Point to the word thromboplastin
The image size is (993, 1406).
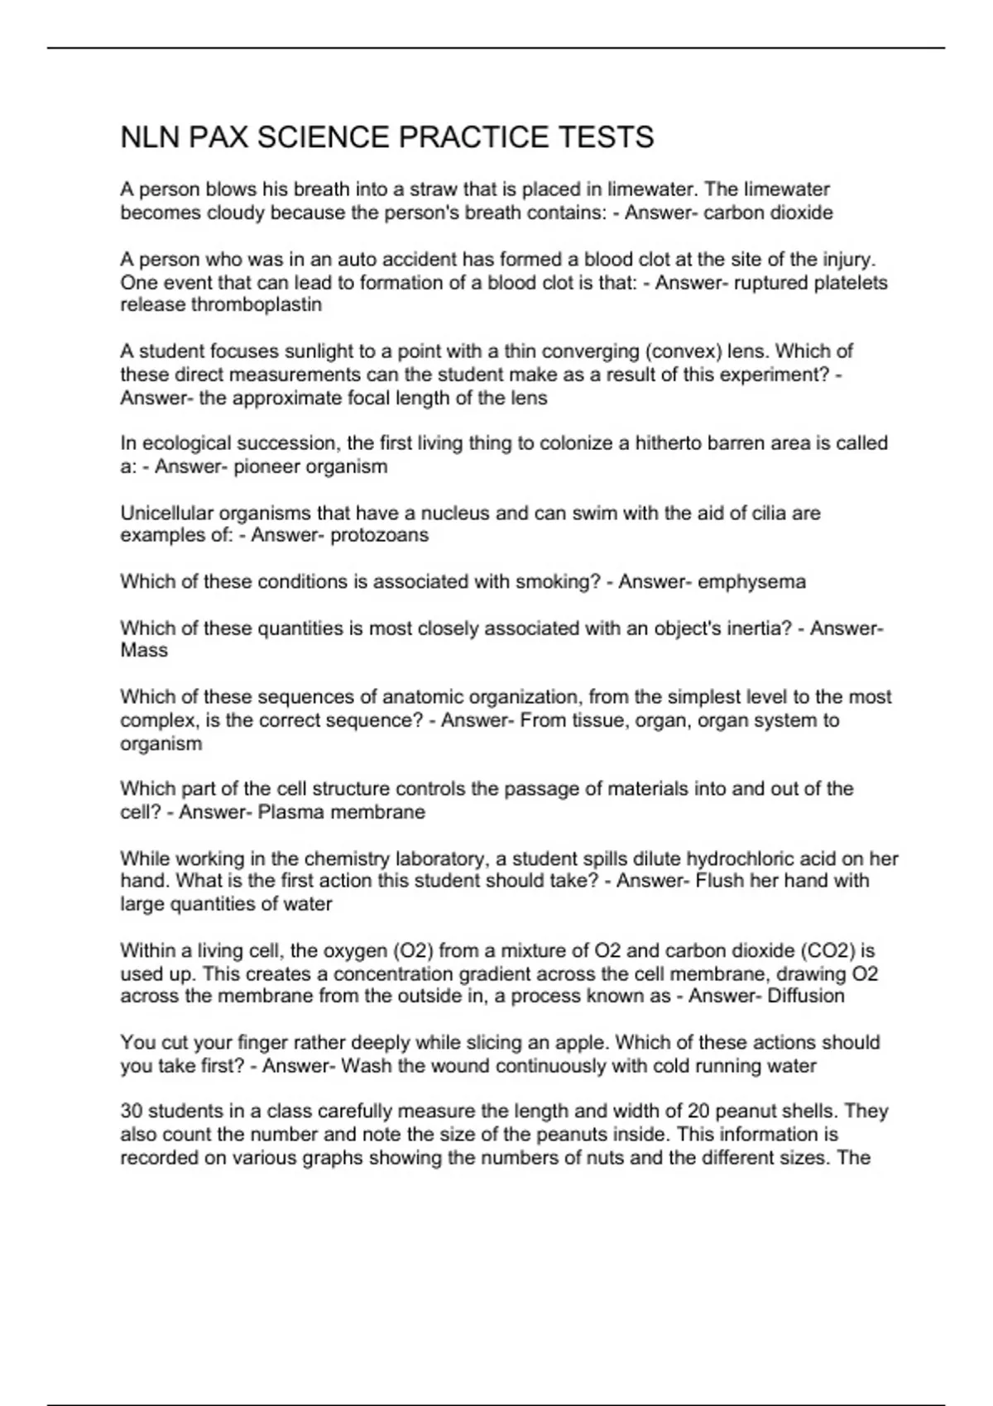click(257, 305)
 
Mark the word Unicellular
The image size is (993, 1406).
click(166, 513)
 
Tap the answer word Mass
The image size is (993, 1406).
click(144, 651)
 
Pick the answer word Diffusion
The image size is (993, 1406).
click(805, 996)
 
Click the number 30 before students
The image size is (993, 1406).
click(131, 1111)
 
